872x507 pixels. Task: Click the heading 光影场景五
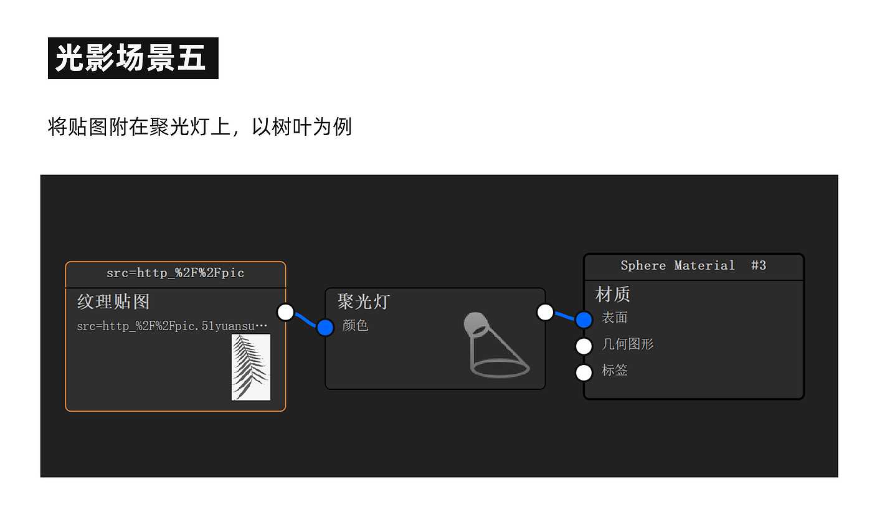132,58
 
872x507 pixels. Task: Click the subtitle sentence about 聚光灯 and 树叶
199,126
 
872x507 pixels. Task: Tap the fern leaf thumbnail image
251,367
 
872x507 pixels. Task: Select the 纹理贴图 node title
113,302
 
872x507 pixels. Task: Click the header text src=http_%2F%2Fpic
175,273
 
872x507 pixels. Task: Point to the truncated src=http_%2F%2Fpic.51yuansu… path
172,326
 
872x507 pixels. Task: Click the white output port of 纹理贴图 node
285,312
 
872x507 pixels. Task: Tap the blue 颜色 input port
325,327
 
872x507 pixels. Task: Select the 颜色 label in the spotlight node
355,325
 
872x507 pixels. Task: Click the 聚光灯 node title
363,302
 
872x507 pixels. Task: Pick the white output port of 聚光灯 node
545,312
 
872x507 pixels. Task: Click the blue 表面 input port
584,320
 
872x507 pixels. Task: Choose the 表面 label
614,318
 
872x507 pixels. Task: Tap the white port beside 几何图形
584,346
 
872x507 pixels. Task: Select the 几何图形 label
627,344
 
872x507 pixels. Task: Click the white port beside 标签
584,372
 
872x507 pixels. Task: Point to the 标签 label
614,370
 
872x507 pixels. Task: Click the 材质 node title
613,294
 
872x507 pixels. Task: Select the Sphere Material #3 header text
693,265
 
